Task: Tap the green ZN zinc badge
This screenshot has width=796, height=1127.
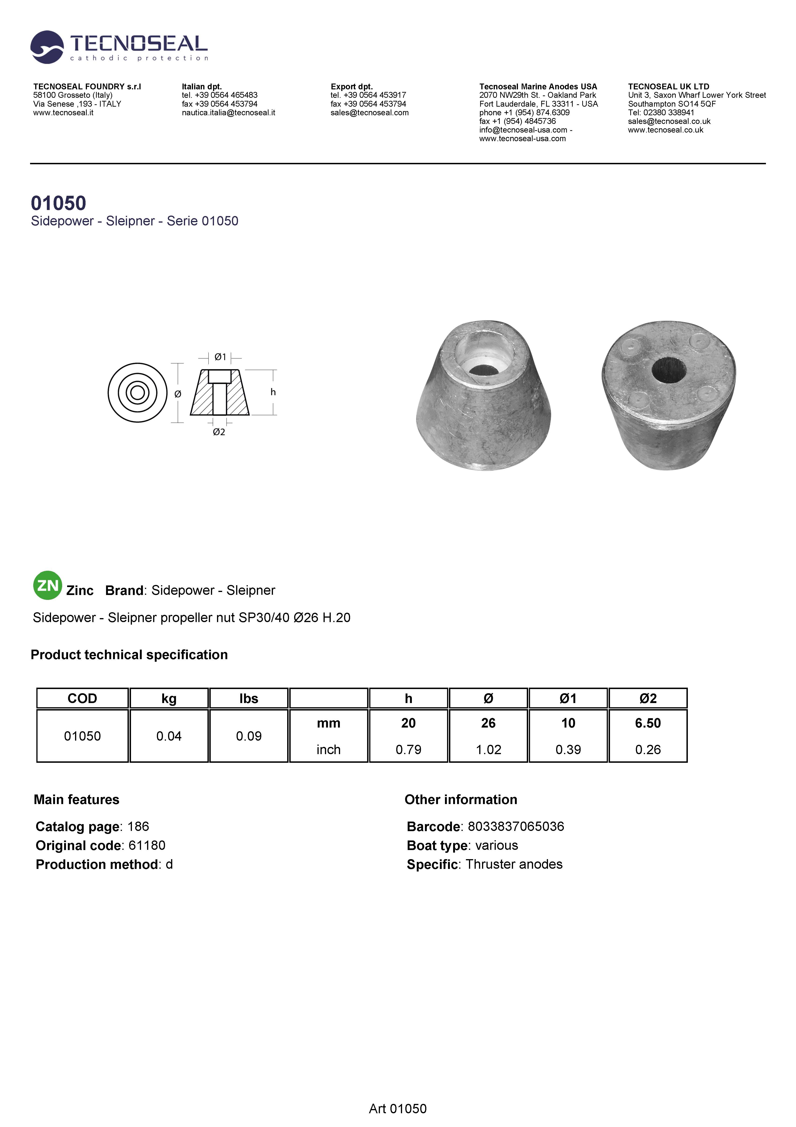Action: click(48, 585)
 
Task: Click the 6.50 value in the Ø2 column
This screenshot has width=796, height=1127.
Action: click(647, 723)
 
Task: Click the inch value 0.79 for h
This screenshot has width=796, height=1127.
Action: click(408, 749)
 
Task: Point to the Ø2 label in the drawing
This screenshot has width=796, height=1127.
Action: click(219, 432)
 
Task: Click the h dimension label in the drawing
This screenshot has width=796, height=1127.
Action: click(273, 392)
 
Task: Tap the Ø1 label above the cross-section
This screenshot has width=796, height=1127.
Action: click(221, 357)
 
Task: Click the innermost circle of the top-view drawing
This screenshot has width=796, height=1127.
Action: click(138, 393)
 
